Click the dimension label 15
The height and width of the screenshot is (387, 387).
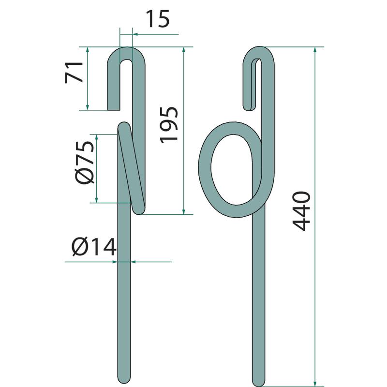[158, 19]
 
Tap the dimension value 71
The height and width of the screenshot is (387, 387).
[74, 72]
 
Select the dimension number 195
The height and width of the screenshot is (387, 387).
[169, 125]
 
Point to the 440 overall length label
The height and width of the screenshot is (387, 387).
[301, 211]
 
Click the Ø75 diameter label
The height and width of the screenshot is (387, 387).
[85, 163]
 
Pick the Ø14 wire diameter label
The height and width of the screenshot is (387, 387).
[94, 247]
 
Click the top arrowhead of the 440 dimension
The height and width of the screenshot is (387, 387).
[315, 50]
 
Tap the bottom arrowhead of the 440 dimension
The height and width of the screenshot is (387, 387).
[315, 384]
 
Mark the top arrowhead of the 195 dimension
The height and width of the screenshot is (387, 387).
[184, 50]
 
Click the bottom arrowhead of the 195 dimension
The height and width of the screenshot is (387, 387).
[184, 211]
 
